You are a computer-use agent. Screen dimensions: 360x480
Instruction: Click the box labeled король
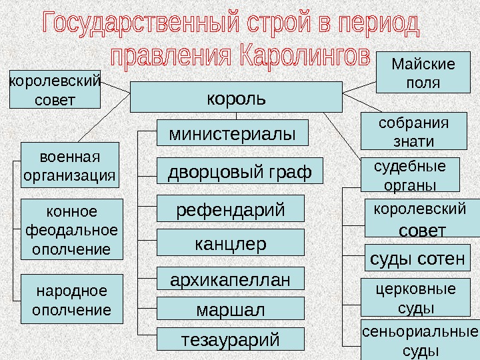tap(235, 97)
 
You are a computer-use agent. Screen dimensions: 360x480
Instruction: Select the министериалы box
tap(233, 133)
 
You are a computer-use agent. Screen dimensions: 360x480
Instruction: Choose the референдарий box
tap(230, 208)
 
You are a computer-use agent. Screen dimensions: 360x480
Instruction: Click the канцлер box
tap(230, 243)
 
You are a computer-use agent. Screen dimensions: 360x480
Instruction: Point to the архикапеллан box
tap(230, 279)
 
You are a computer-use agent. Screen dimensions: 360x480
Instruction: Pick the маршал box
tap(230, 309)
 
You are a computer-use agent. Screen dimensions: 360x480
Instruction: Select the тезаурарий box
tap(230, 339)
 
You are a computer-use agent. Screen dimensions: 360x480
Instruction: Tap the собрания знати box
tap(413, 131)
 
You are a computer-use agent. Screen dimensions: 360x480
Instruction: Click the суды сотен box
tap(417, 258)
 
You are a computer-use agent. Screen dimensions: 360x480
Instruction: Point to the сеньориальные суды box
tap(420, 341)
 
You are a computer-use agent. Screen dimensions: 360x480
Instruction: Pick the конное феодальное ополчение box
tap(72, 230)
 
